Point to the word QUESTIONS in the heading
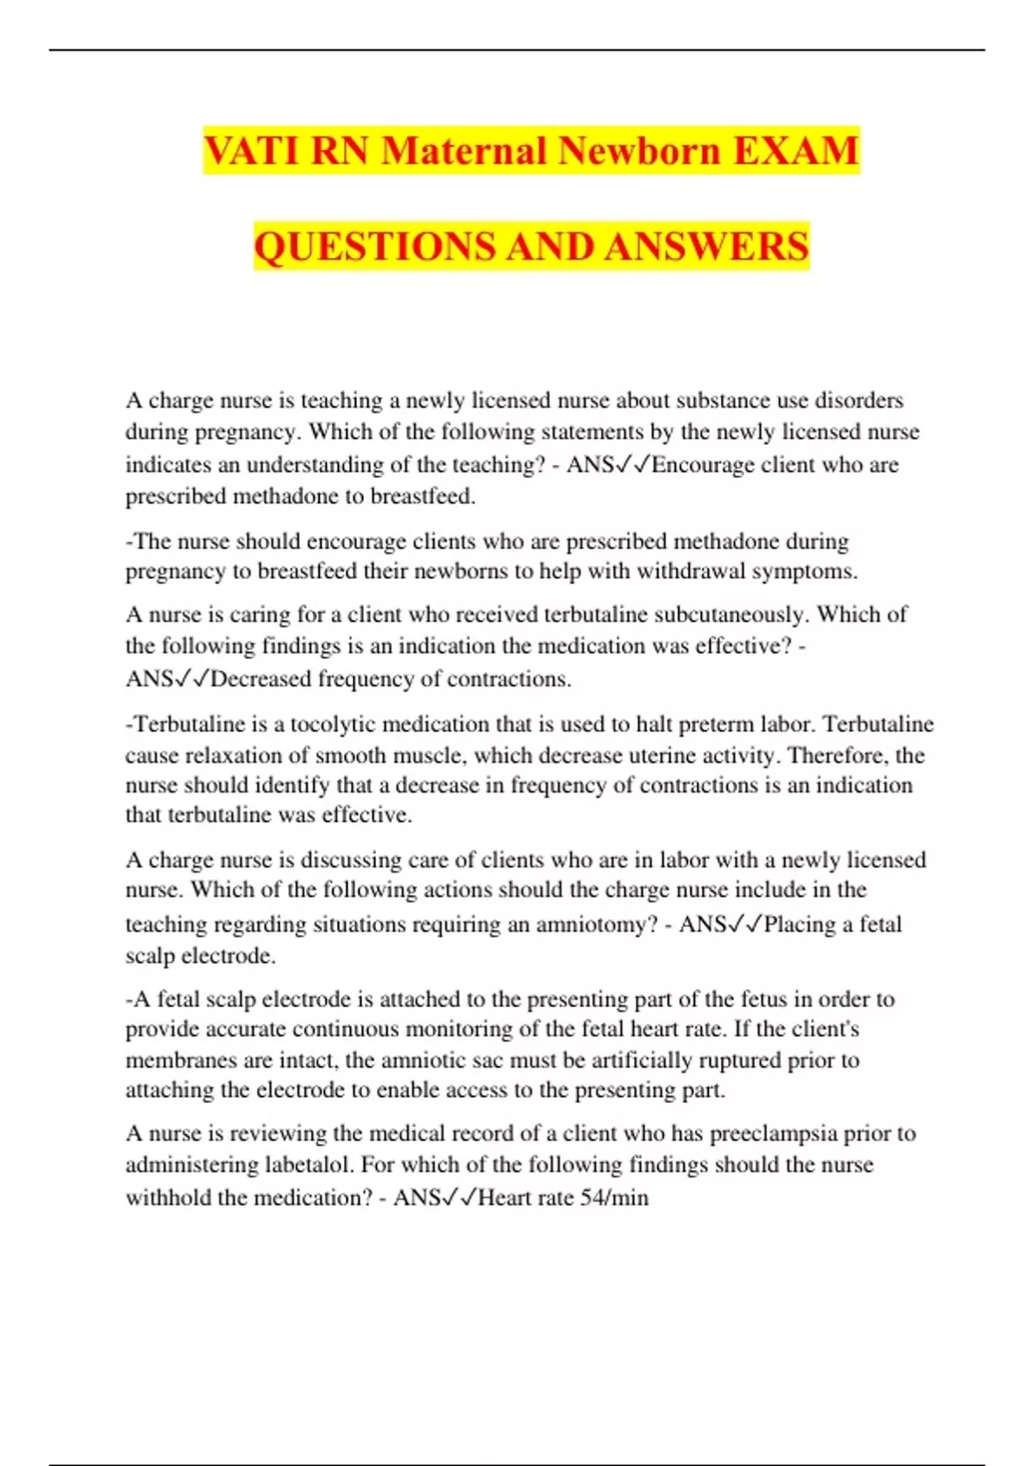click(375, 247)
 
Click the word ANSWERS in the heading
click(706, 247)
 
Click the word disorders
click(859, 401)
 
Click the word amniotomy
click(596, 925)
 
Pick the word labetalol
click(310, 1166)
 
